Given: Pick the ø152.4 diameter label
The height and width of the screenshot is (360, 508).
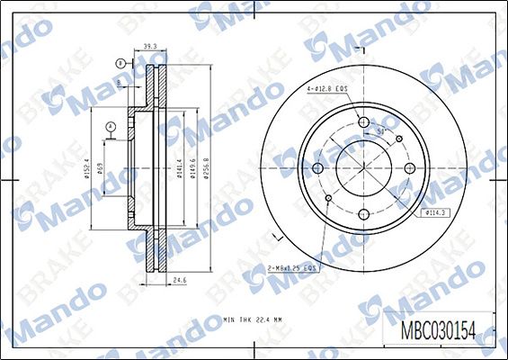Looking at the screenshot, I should (x=86, y=170).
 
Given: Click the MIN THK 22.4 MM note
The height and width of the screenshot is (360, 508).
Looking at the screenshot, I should (x=254, y=319).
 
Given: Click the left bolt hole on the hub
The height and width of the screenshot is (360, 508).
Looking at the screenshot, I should (x=317, y=168).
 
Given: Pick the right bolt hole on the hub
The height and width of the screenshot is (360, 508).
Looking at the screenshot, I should (x=409, y=168).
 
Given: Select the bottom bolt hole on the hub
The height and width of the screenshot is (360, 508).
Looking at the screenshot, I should (x=363, y=214).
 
